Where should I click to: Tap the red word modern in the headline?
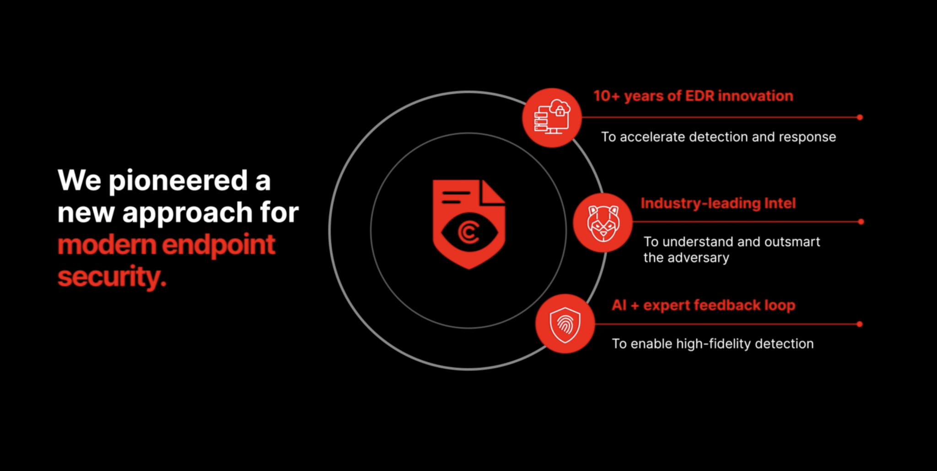tap(107, 245)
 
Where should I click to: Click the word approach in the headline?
tap(187, 213)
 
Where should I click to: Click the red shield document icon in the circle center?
tap(468, 224)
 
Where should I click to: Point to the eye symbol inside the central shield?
tap(468, 232)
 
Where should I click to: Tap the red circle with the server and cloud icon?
tap(552, 117)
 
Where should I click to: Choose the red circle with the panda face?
tap(603, 222)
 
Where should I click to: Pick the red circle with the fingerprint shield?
tap(565, 324)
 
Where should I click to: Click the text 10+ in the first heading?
tap(606, 96)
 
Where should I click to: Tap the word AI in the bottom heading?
tap(619, 305)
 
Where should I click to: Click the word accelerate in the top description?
tap(652, 137)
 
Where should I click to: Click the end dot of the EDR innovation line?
tap(860, 117)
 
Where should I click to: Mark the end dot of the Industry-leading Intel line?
tap(861, 222)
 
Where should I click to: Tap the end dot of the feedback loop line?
tap(860, 324)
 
